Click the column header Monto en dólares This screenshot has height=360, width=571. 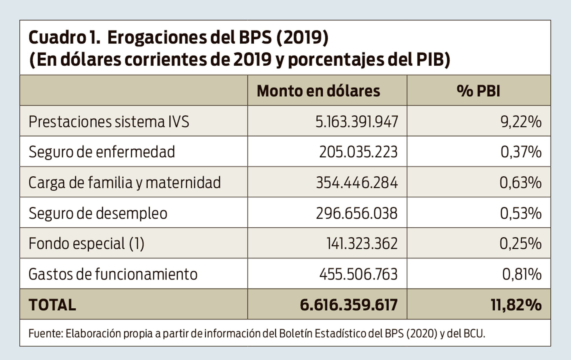click(x=318, y=91)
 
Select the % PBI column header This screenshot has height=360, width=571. click(x=478, y=91)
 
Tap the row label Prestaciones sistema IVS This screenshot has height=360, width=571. click(x=109, y=122)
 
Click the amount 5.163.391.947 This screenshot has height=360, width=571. click(x=357, y=122)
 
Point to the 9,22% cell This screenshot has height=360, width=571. click(x=521, y=122)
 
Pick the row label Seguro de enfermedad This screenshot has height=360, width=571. click(x=102, y=152)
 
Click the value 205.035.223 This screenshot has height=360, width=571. click(x=358, y=152)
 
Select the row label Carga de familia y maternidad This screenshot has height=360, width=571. click(x=124, y=183)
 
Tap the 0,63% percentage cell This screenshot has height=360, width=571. click(x=520, y=183)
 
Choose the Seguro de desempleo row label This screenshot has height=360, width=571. click(x=98, y=213)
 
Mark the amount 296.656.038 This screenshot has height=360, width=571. click(x=357, y=213)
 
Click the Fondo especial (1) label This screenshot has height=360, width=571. click(x=86, y=244)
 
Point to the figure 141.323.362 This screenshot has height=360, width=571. click(x=362, y=244)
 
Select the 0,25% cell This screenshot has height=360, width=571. click(x=520, y=244)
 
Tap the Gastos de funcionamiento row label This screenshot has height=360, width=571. click(x=113, y=274)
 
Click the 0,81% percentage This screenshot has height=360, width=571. click(x=522, y=274)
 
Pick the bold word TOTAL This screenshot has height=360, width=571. click(x=52, y=305)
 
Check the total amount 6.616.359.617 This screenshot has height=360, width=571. click(x=349, y=305)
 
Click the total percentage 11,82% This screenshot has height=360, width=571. click(x=516, y=305)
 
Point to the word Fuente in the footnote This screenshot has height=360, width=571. click(x=45, y=333)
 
